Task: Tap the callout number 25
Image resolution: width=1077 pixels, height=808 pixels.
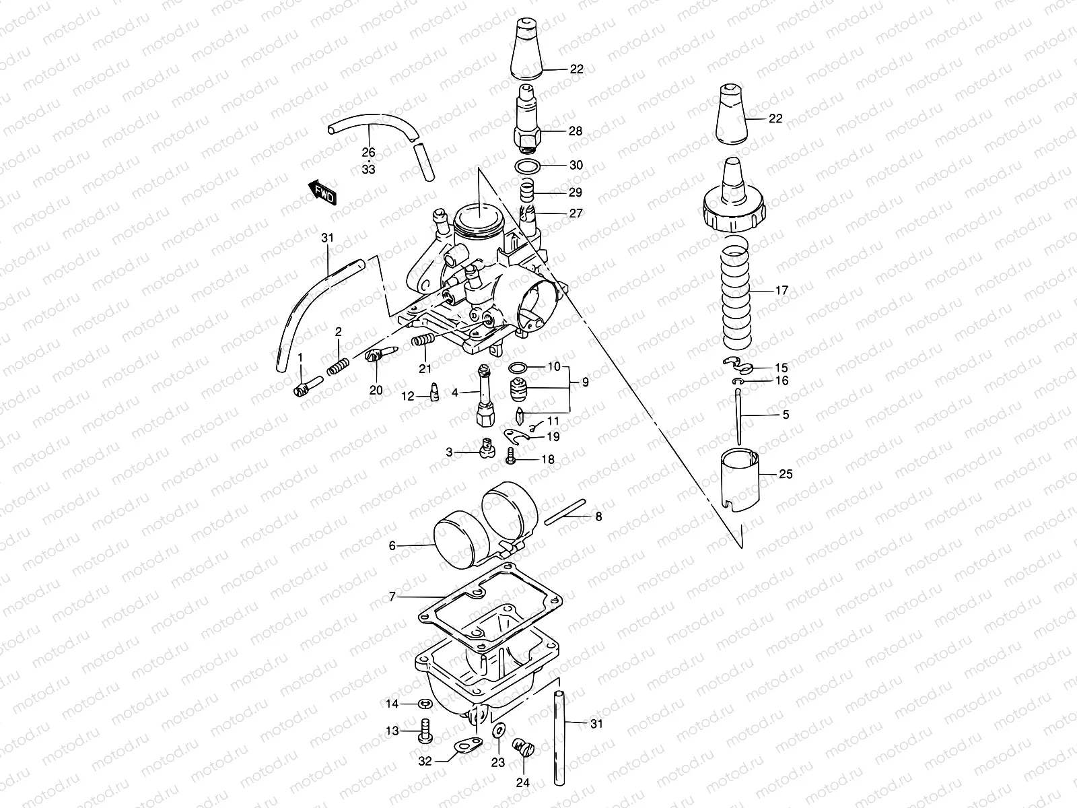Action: tap(786, 474)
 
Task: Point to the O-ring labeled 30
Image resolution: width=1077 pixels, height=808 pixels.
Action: tap(530, 166)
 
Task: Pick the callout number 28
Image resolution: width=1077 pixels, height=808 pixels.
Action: tap(575, 131)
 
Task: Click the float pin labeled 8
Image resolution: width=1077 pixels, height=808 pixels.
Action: tap(567, 512)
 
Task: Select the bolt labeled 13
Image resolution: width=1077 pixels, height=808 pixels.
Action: tap(425, 731)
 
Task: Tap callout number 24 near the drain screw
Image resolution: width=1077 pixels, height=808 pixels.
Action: tap(523, 783)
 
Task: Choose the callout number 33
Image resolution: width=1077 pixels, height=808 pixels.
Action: tap(368, 170)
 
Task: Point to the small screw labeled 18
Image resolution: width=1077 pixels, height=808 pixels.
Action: tap(511, 459)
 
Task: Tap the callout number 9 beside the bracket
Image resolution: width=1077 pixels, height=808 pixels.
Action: tap(585, 382)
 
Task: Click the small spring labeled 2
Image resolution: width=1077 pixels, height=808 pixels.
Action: tap(339, 367)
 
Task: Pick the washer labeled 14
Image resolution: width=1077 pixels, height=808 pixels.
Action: tap(425, 704)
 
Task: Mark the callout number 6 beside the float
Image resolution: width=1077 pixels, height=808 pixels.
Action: tap(392, 546)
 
